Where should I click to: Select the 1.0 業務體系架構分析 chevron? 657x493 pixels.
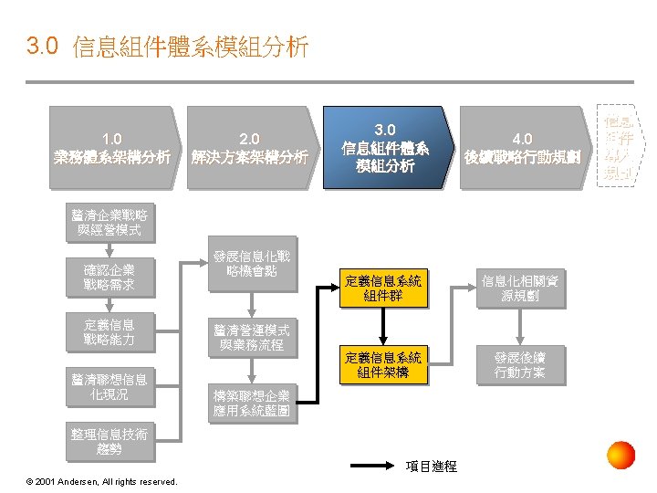click(x=112, y=147)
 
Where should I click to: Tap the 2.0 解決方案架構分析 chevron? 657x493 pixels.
click(x=249, y=147)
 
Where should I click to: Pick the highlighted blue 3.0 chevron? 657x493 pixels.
click(x=385, y=147)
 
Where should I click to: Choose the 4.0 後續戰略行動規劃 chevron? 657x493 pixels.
click(x=522, y=147)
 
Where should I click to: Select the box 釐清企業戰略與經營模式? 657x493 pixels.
click(x=109, y=222)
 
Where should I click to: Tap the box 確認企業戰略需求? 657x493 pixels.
click(x=109, y=278)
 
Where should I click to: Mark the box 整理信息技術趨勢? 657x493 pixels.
click(x=109, y=441)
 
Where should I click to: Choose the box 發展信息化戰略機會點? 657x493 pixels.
click(x=252, y=264)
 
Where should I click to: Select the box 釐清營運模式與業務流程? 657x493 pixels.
click(x=252, y=337)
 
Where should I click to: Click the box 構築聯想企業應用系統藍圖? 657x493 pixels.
click(x=252, y=403)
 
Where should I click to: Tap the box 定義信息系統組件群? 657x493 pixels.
click(x=383, y=289)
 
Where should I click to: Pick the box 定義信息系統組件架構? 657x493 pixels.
click(x=383, y=365)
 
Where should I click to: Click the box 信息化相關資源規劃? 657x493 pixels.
click(x=520, y=289)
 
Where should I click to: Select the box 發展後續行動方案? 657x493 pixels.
click(x=520, y=364)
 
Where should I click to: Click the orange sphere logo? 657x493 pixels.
click(x=621, y=455)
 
